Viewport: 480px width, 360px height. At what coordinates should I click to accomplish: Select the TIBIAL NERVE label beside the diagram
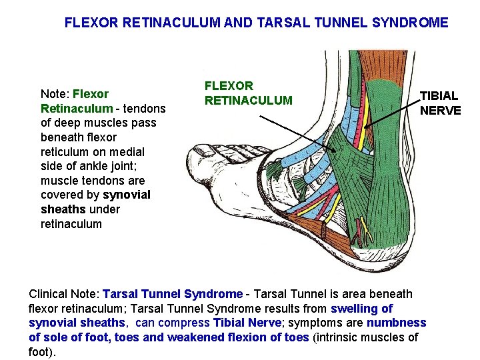(440, 103)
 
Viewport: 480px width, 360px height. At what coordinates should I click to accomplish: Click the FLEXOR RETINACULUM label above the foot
(248, 93)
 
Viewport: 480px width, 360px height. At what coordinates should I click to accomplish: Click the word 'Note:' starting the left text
(55, 94)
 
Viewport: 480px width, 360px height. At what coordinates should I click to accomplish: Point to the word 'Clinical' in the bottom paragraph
(48, 294)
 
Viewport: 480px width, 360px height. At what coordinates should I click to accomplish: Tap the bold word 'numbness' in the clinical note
(396, 323)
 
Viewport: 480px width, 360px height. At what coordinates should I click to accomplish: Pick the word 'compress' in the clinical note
(188, 323)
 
